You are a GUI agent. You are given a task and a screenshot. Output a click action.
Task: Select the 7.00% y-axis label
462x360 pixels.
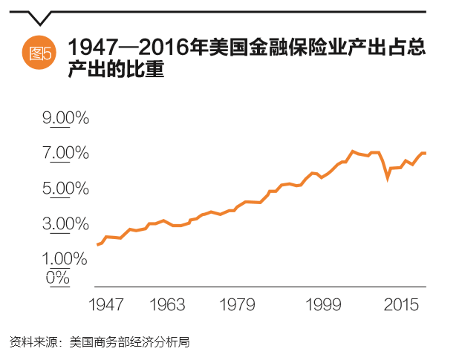[65, 154]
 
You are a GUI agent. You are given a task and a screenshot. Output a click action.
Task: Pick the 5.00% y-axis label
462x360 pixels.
[65, 189]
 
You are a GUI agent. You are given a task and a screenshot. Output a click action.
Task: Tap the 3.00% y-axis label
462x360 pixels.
[65, 223]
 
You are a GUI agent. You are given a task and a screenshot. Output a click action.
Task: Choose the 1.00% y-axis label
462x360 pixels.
[65, 259]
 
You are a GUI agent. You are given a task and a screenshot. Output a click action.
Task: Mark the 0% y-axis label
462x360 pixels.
[57, 277]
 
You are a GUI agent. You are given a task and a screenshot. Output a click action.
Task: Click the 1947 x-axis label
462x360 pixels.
[105, 305]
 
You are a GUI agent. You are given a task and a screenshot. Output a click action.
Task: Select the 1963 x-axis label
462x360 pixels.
[167, 305]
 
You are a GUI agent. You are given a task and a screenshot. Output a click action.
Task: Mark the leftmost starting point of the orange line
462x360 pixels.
[97, 244]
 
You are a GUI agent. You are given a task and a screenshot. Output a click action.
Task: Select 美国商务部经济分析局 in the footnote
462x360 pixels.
[129, 342]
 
